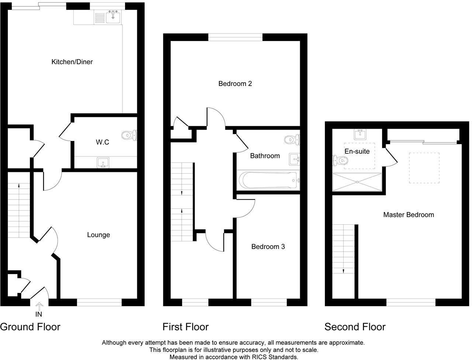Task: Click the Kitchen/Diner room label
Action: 72,62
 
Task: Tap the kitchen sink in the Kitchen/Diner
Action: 113,17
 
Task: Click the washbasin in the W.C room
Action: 102,162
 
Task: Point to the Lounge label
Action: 98,235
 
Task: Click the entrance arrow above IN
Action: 39,306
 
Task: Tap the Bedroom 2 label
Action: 235,84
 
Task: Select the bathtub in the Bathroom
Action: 269,180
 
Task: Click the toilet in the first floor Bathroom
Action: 292,139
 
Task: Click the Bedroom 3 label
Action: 268,247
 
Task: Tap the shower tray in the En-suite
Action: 357,182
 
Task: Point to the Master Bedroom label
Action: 408,215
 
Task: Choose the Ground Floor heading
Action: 30,327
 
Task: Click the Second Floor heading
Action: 355,327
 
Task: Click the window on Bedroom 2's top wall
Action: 235,37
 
